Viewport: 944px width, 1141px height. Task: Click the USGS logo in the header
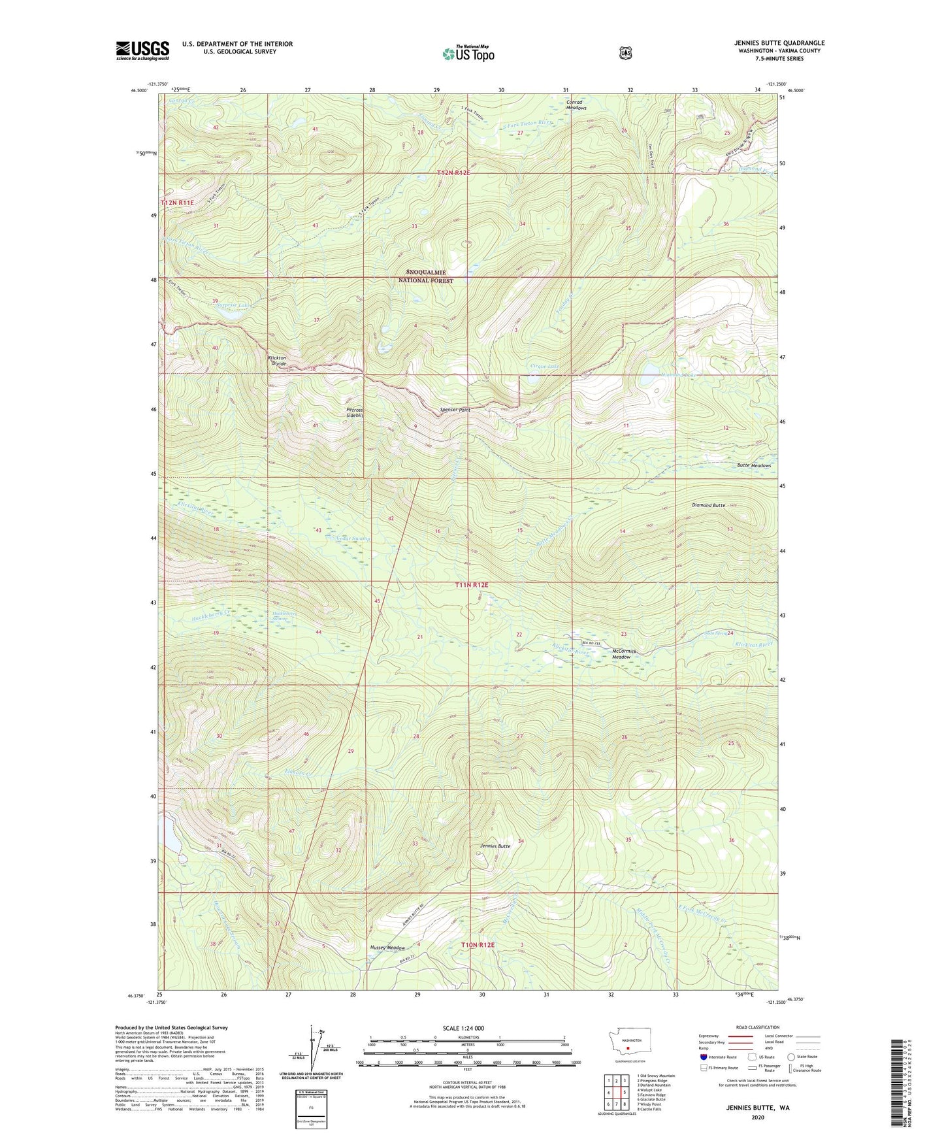(x=142, y=50)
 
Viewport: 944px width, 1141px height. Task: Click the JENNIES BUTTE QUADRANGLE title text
(x=779, y=43)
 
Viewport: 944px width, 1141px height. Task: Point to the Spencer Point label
(x=455, y=410)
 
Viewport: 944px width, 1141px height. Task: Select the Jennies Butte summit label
(x=495, y=846)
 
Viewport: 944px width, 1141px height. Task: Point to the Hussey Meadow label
(x=387, y=948)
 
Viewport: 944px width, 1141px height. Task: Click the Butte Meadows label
(x=754, y=465)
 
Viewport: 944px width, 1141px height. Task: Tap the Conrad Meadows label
(x=576, y=105)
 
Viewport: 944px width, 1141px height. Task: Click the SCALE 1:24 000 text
(x=463, y=1028)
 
